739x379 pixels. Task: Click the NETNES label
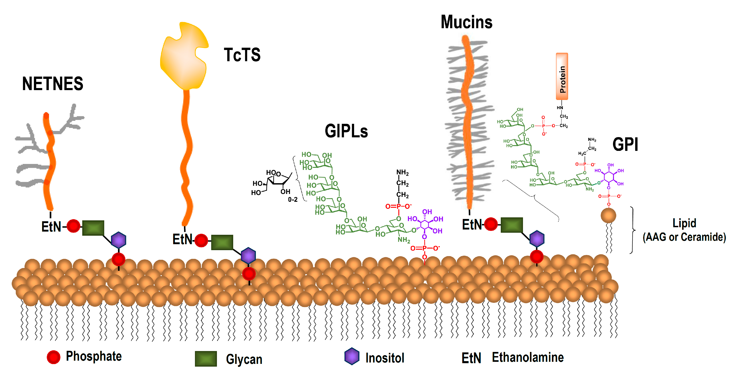52,84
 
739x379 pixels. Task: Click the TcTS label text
242,55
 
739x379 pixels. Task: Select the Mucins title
466,22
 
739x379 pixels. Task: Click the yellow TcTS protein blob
183,57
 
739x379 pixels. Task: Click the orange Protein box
562,76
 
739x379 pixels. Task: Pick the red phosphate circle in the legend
53,357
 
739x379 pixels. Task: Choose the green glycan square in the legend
206,359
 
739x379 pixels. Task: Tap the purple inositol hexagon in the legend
352,356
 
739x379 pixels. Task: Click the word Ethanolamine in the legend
528,357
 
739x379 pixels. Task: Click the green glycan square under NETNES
93,228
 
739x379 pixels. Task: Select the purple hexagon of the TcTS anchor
248,256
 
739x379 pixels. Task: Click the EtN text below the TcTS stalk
182,239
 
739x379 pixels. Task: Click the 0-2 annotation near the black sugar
293,199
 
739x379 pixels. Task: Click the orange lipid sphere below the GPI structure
608,215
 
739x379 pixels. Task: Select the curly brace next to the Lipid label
632,230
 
